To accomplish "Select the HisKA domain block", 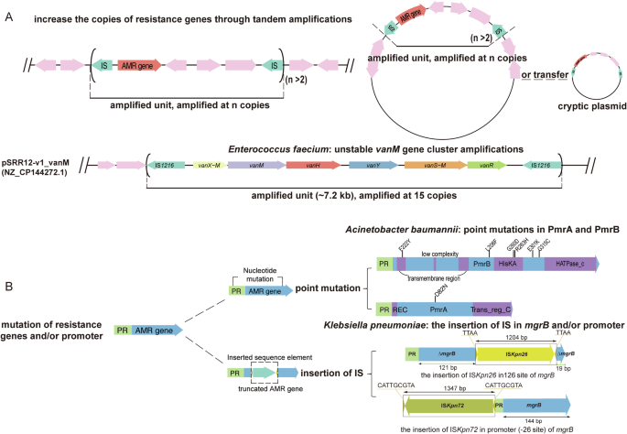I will [506, 264].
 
